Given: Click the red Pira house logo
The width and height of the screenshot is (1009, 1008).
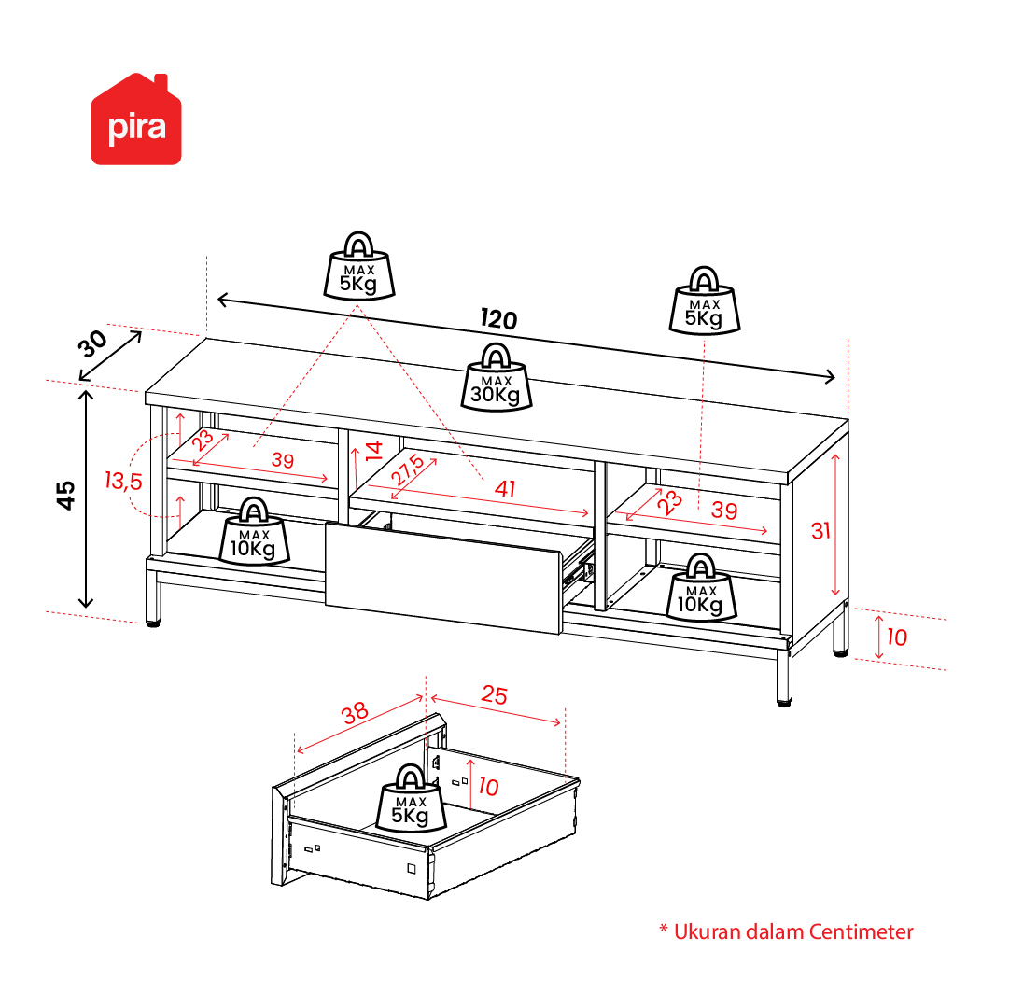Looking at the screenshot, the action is [136, 119].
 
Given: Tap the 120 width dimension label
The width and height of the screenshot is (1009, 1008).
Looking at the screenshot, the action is [498, 319].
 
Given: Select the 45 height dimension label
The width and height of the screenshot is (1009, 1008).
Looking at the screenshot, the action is [65, 496].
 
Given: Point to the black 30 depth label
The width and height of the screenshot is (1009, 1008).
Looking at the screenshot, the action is [93, 344].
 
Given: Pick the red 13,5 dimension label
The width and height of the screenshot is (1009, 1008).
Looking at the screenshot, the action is [123, 481].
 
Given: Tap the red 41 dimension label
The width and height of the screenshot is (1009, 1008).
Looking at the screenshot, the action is [505, 489].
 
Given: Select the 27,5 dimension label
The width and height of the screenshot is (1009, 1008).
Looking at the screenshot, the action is [407, 469].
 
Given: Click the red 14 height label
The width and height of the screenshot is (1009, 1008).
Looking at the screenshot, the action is [374, 450].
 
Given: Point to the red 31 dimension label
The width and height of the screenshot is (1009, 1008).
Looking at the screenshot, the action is [820, 531].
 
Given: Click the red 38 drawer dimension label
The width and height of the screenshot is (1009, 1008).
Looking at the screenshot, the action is [355, 712].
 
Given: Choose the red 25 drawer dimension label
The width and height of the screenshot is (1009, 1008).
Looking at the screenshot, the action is [494, 694].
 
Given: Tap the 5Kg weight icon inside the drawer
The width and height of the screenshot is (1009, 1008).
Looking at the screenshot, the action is [411, 798].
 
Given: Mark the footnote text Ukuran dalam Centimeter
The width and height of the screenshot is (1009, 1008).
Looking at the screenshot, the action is [793, 931].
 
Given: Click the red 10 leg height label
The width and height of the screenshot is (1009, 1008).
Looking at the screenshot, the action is [897, 637].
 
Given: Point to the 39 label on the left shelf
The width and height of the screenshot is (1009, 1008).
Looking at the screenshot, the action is [283, 460].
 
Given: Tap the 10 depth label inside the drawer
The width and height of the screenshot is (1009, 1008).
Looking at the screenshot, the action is [488, 787].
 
